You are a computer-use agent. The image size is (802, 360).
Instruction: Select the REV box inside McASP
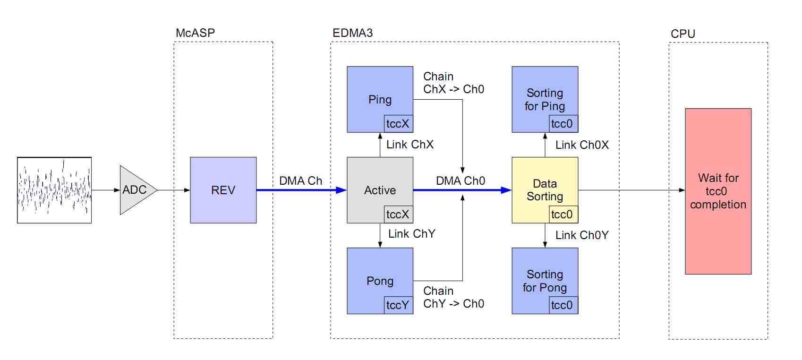click(x=223, y=190)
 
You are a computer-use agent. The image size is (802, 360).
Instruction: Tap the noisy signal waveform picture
click(x=54, y=190)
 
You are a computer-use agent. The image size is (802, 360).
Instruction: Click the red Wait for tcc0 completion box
click(x=718, y=191)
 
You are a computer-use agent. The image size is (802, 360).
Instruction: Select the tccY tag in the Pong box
click(x=398, y=305)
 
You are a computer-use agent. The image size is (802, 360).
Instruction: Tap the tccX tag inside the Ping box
click(x=398, y=124)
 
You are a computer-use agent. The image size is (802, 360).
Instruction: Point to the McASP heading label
click(x=195, y=33)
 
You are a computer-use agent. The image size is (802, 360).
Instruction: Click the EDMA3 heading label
click(x=352, y=33)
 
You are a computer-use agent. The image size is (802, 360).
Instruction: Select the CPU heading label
click(x=683, y=34)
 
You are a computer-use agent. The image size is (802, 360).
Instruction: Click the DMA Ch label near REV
click(x=300, y=181)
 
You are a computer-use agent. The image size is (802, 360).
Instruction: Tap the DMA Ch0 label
click(x=460, y=181)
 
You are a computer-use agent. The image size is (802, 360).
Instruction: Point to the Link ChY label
click(x=411, y=234)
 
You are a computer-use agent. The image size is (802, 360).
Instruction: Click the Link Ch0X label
click(x=581, y=145)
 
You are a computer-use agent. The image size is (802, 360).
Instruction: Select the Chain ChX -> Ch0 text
click(x=453, y=83)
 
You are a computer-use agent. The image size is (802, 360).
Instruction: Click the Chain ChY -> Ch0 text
click(x=453, y=297)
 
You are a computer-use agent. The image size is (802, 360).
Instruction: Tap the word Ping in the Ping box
click(x=380, y=100)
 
